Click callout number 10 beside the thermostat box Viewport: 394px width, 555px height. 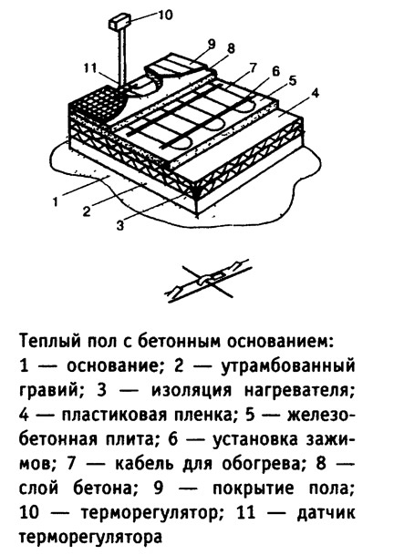(x=163, y=15)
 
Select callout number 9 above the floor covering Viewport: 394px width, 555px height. (x=212, y=44)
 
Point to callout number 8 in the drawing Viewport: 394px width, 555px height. (x=231, y=48)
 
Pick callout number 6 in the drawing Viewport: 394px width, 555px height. (x=275, y=71)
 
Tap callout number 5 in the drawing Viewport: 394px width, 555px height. (x=292, y=81)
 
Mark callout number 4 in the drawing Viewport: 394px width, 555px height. (x=315, y=93)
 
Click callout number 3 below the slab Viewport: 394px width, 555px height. (x=120, y=225)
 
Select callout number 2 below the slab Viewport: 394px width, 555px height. (x=87, y=211)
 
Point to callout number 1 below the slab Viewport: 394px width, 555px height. (x=55, y=202)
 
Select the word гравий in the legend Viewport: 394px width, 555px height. (x=47, y=391)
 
